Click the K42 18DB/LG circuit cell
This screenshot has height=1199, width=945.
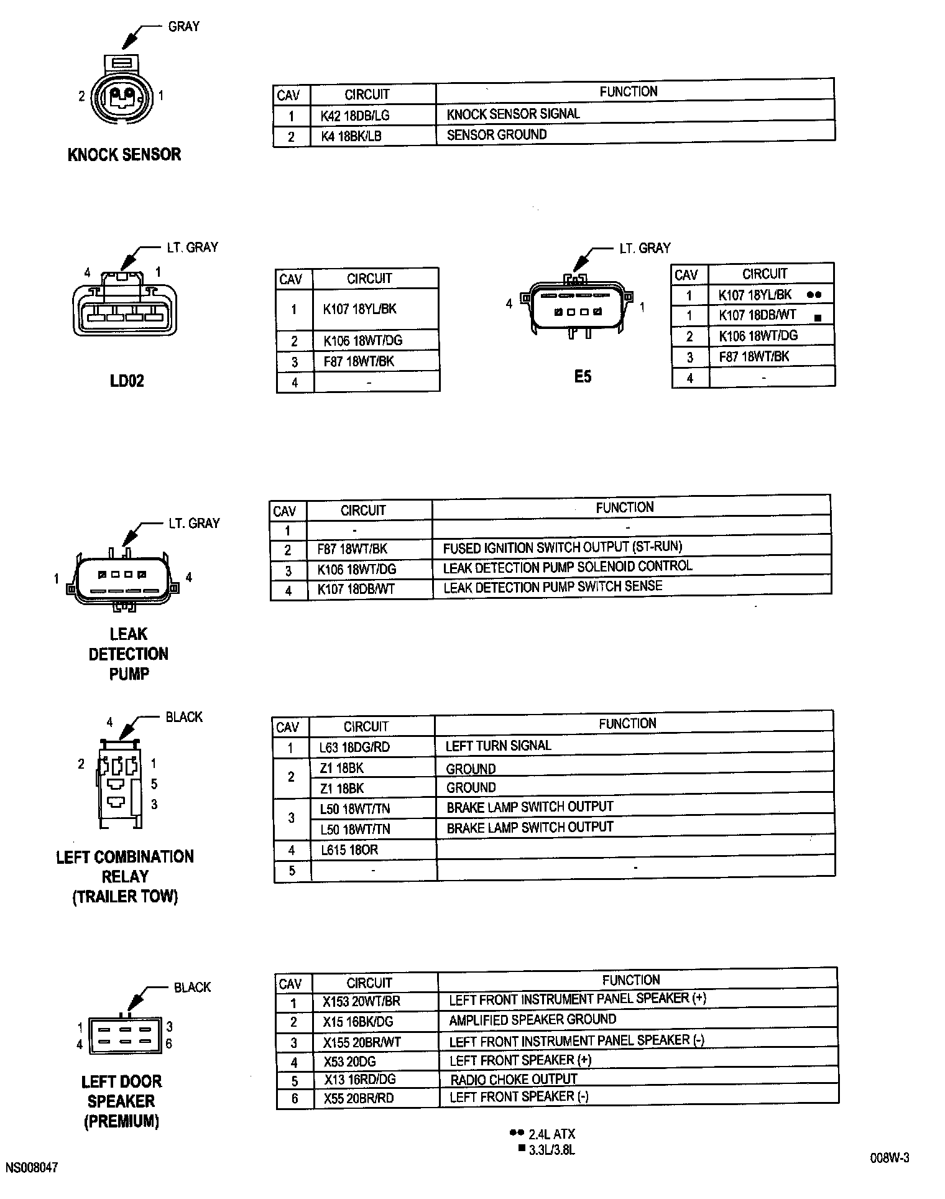click(x=355, y=116)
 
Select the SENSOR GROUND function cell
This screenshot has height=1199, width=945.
click(x=497, y=135)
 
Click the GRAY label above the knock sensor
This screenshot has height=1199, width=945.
click(x=183, y=26)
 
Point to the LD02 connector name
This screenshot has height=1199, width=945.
click(x=127, y=381)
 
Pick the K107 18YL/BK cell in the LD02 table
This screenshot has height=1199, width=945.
click(x=359, y=309)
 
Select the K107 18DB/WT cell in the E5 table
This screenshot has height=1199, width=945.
click(x=757, y=315)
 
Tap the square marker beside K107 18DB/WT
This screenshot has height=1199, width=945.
click(x=818, y=318)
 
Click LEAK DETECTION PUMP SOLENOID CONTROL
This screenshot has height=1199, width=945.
click(x=567, y=567)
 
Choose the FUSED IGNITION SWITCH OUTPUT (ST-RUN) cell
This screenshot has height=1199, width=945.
click(x=562, y=547)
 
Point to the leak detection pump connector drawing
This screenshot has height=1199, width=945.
click(x=122, y=578)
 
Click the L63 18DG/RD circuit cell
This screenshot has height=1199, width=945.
click(x=354, y=747)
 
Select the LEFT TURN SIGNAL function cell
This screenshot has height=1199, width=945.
click(x=498, y=746)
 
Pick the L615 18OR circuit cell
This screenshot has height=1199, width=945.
click(x=349, y=850)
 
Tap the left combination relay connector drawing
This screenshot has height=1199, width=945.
click(x=119, y=784)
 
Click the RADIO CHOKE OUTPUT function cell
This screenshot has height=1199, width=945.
click(x=514, y=1080)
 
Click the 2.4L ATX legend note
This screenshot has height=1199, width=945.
click(x=551, y=1134)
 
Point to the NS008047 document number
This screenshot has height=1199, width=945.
click(x=32, y=1168)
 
